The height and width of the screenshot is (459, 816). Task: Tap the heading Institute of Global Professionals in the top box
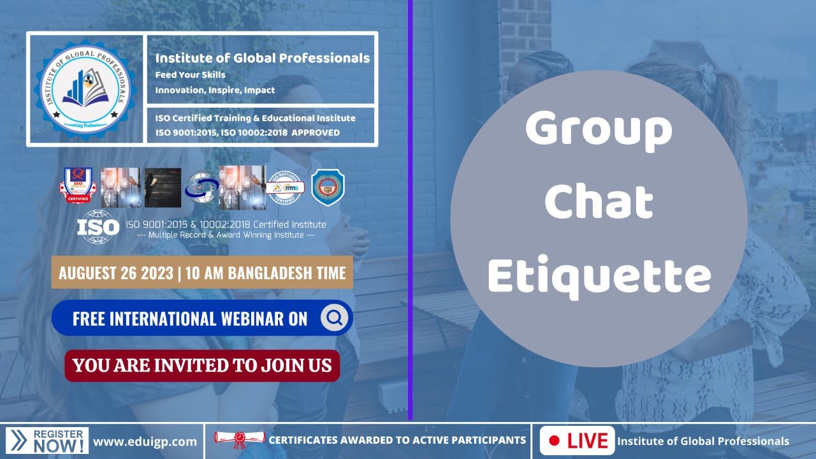point(262,58)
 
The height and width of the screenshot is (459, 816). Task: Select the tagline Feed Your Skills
point(190,75)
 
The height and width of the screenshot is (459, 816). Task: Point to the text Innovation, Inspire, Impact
point(215,90)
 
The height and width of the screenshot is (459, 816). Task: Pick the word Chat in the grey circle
point(599,203)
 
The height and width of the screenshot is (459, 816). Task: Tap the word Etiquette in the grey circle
point(599,275)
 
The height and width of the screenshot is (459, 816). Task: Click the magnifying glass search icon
point(335,317)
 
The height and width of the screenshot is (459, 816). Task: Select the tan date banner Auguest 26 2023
point(202,273)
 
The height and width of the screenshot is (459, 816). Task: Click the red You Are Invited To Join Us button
point(202,365)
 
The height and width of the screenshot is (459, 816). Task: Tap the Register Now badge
point(47,441)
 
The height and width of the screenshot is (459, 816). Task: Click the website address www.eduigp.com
point(145,441)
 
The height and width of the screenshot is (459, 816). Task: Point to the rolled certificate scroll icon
point(239,439)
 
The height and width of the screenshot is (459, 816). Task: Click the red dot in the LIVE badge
point(554,441)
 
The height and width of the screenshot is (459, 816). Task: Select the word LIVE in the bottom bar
point(587,441)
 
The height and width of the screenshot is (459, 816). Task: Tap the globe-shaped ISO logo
point(98,227)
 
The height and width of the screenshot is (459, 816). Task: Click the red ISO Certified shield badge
point(78,186)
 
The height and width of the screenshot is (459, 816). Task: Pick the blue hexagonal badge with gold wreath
point(328,187)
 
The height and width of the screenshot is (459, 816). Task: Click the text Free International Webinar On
point(190,318)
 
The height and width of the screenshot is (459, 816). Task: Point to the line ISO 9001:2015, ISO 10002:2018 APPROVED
point(247,133)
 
